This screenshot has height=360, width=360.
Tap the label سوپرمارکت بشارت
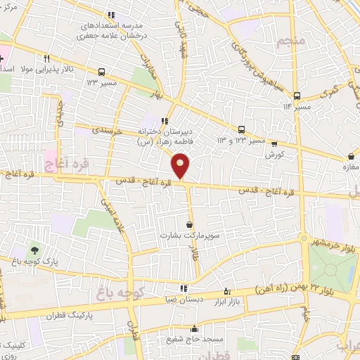[x=188, y=236]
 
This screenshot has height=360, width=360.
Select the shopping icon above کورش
[x=274, y=143]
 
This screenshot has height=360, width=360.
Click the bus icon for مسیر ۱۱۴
[x=297, y=96]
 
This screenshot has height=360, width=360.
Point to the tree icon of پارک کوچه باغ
[x=34, y=250]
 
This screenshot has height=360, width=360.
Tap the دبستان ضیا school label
[x=184, y=298]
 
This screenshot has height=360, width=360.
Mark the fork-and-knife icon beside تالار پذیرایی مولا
[x=46, y=59]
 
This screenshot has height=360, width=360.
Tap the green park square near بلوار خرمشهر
[x=333, y=265]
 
